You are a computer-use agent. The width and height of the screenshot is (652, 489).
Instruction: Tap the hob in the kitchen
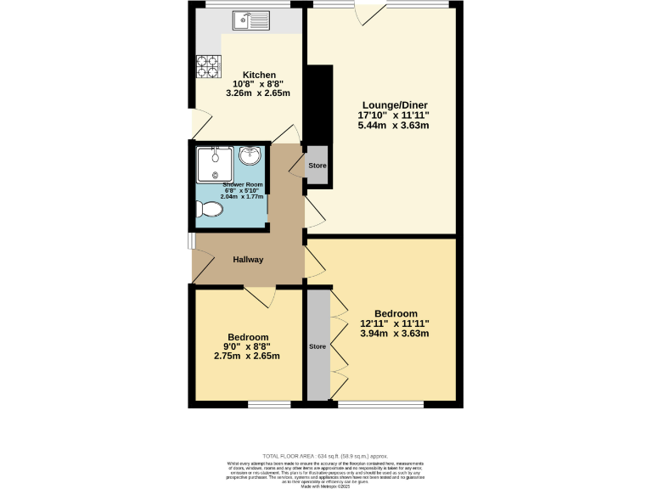pyautogui.click(x=208, y=66)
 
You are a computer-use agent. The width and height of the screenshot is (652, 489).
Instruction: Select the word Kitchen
pyautogui.click(x=259, y=75)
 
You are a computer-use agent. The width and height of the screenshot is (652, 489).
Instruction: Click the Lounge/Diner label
pyautogui.click(x=392, y=104)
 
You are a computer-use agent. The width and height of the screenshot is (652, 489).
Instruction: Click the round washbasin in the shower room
pyautogui.click(x=251, y=155)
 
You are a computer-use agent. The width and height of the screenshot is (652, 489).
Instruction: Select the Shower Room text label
pyautogui.click(x=243, y=184)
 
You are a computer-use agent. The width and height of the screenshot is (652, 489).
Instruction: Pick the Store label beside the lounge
pyautogui.click(x=317, y=166)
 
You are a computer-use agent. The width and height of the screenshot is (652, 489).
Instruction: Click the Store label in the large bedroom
pyautogui.click(x=317, y=346)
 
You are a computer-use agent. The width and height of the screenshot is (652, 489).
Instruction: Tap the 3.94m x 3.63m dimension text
pyautogui.click(x=393, y=334)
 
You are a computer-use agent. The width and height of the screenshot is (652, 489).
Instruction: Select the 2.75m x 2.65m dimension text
pyautogui.click(x=247, y=356)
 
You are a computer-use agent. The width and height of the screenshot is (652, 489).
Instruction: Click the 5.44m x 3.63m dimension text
pyautogui.click(x=392, y=125)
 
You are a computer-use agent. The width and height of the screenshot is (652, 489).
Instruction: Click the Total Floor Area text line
pyautogui.click(x=326, y=455)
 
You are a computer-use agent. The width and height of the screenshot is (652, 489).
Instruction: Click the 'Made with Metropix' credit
pyautogui.click(x=326, y=485)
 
